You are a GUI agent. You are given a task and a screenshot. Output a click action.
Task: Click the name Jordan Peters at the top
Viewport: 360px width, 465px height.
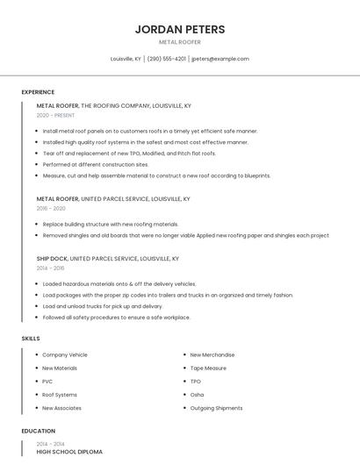(180, 29)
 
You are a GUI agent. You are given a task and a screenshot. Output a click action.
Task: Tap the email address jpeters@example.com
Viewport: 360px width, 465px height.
(220, 59)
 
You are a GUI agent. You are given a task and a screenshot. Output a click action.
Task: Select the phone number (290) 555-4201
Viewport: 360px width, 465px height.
(167, 59)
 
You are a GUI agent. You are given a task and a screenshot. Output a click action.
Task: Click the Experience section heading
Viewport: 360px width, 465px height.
(38, 92)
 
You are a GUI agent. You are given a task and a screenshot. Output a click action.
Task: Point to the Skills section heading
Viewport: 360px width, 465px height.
(31, 338)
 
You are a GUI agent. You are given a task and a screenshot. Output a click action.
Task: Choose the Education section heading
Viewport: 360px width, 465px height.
(39, 431)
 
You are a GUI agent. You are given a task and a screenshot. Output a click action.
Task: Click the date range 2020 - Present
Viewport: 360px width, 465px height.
(55, 115)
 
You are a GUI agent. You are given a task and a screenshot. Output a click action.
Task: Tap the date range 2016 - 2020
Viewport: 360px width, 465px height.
(51, 209)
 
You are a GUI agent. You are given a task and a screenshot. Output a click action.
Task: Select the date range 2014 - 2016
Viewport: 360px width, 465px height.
(51, 268)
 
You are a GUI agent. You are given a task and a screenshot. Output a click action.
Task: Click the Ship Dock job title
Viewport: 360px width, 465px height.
(51, 259)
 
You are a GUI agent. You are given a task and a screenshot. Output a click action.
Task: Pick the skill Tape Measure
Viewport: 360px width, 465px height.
(208, 368)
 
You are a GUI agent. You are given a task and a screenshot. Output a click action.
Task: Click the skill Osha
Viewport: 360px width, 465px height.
(197, 395)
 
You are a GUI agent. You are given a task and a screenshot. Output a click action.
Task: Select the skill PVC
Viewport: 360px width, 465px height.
(47, 382)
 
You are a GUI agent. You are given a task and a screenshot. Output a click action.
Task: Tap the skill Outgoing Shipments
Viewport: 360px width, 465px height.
(216, 408)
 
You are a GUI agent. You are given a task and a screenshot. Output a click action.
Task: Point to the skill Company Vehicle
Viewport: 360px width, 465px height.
(65, 354)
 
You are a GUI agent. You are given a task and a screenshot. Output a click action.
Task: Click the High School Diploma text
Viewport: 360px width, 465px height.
(69, 452)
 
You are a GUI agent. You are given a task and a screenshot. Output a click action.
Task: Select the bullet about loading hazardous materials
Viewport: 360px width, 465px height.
(119, 283)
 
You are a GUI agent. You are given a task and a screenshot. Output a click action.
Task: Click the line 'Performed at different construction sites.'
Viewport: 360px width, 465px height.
(96, 164)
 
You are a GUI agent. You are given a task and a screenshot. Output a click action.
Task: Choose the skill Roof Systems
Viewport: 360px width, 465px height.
(60, 395)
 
